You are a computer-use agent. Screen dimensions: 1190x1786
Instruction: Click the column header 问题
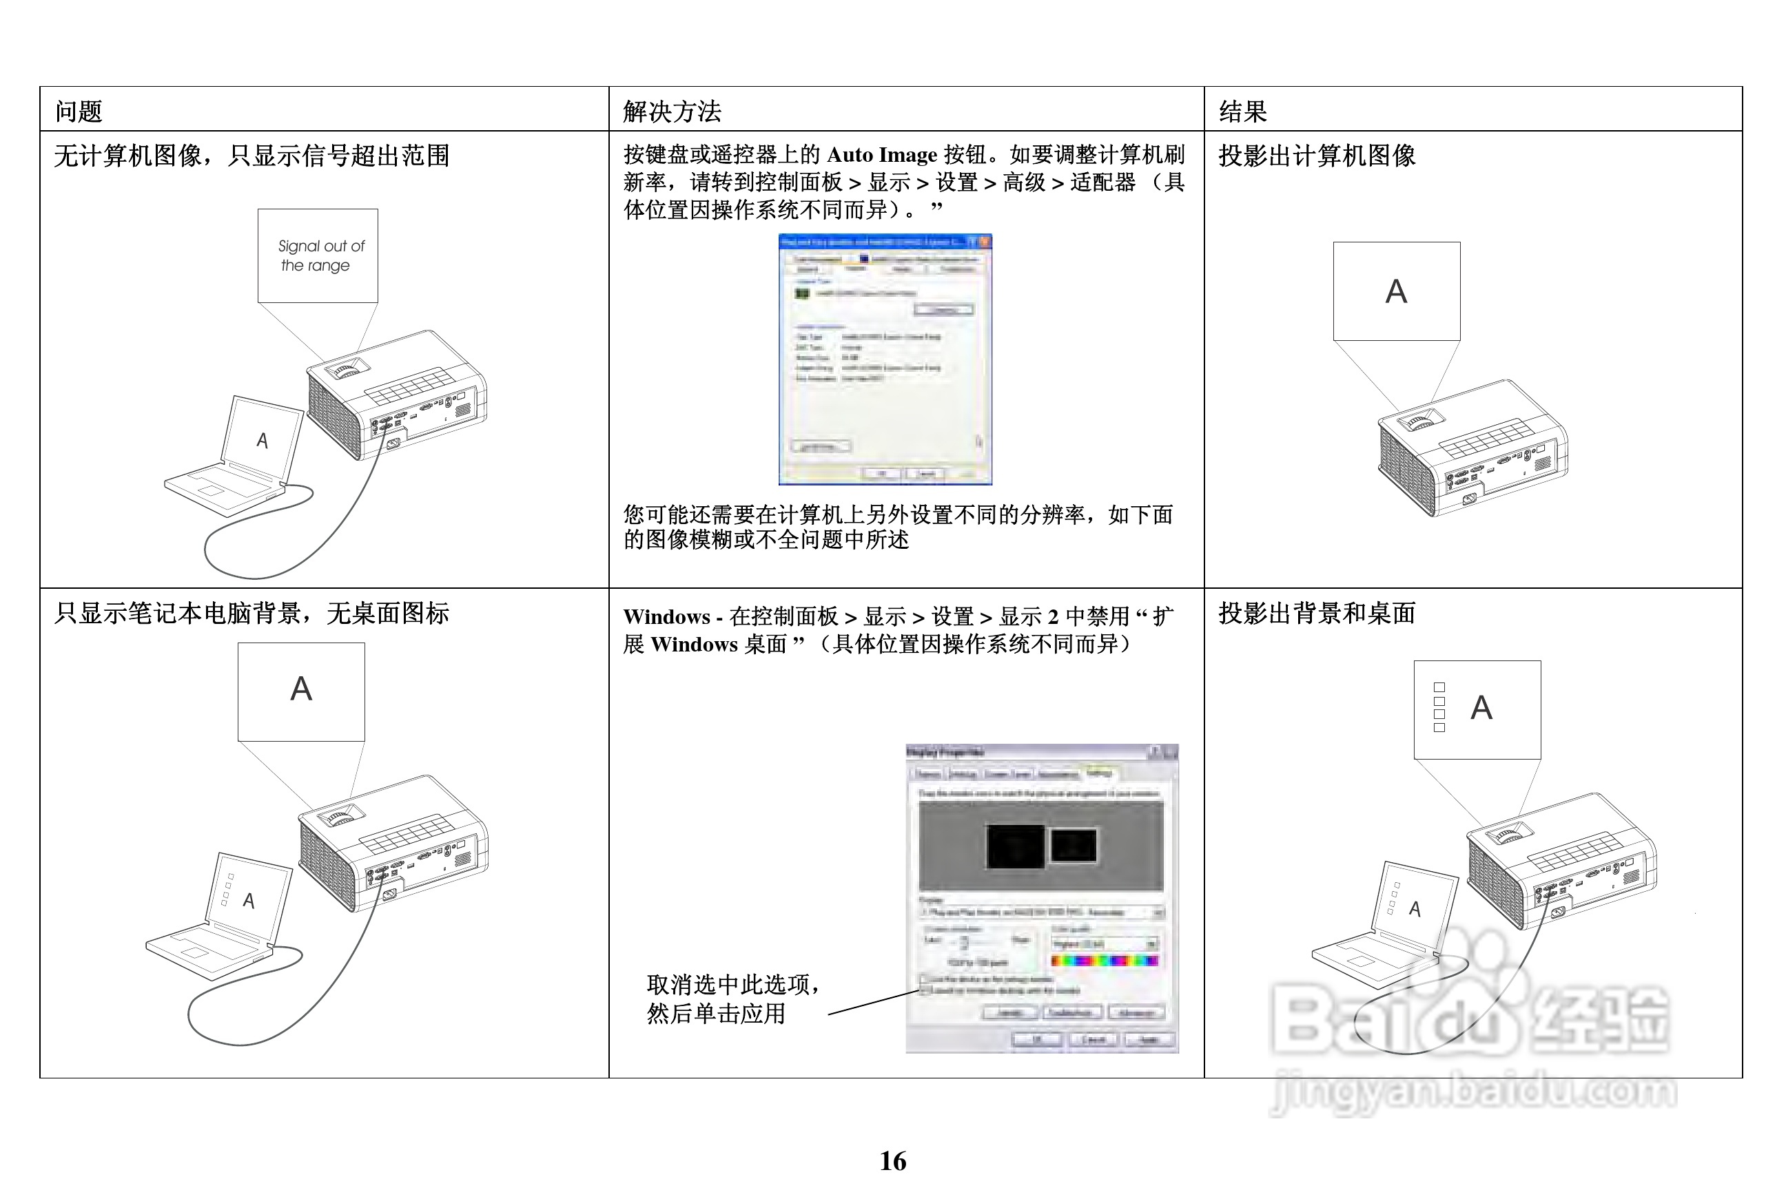pyautogui.click(x=79, y=112)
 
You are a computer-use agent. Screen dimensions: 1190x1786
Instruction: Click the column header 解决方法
pyautogui.click(x=671, y=112)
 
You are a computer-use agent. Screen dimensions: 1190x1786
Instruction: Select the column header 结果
pyautogui.click(x=1242, y=112)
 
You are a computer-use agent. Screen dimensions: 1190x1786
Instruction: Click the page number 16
pyautogui.click(x=892, y=1160)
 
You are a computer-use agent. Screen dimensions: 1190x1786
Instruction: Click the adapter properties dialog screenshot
pyautogui.click(x=885, y=358)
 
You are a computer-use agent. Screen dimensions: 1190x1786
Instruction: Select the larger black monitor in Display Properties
pyautogui.click(x=1014, y=846)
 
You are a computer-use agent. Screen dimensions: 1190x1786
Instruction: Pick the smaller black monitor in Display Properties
pyautogui.click(x=1073, y=845)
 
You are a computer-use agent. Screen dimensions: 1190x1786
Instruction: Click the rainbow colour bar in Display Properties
pyautogui.click(x=1104, y=961)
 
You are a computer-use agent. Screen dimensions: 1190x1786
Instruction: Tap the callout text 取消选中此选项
pyautogui.click(x=732, y=984)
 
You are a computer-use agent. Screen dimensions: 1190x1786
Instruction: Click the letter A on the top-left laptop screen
pyautogui.click(x=262, y=440)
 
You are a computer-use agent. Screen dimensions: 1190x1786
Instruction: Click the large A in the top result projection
pyautogui.click(x=1396, y=291)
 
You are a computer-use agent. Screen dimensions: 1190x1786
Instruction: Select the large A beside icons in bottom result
pyautogui.click(x=1481, y=708)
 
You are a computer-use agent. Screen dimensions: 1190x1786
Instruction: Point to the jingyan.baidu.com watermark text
pyautogui.click(x=1473, y=1092)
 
